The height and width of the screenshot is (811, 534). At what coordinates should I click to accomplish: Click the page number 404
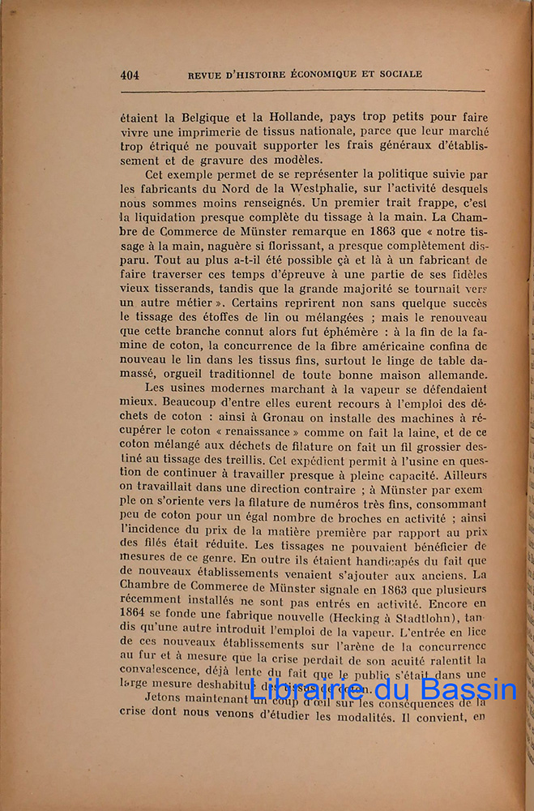(130, 75)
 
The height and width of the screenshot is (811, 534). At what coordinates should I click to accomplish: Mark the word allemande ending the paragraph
(450, 375)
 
